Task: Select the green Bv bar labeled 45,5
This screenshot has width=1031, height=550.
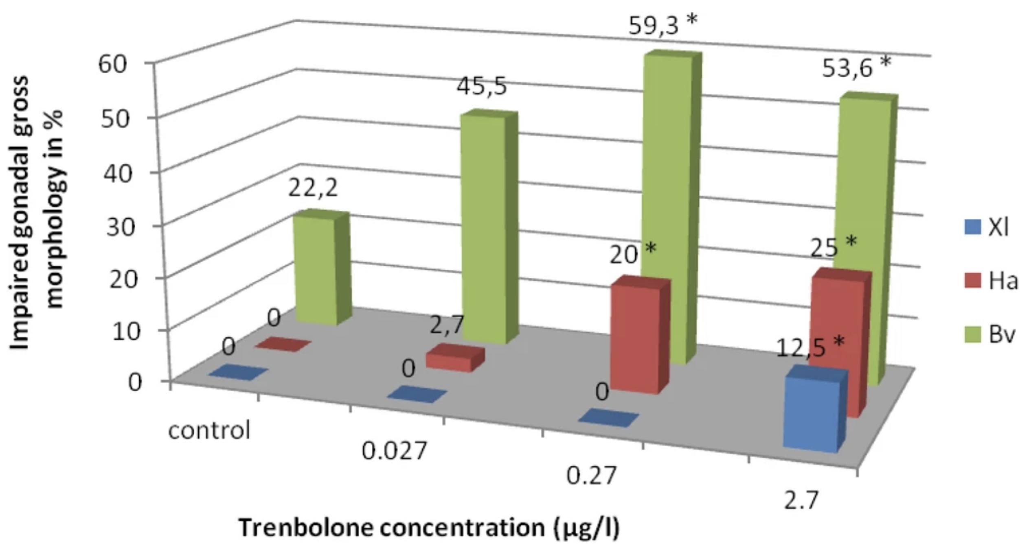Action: coord(484,228)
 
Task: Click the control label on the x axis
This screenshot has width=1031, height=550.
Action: coord(209,430)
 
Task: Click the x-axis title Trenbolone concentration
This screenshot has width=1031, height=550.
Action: coord(430,528)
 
